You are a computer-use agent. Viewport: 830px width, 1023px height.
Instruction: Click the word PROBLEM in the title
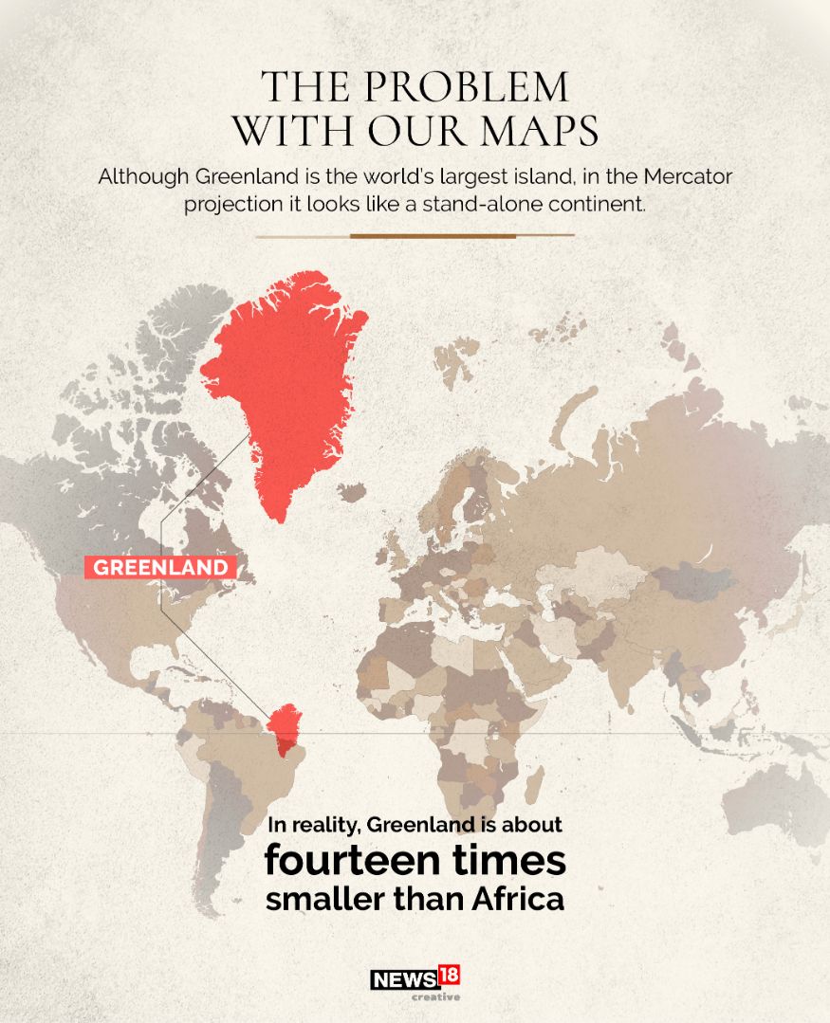pos(465,88)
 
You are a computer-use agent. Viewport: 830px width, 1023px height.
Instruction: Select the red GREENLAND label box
pos(160,567)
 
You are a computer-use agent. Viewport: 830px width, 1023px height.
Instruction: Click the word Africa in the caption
pos(521,899)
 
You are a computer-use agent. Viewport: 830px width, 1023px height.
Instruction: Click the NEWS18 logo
pos(415,977)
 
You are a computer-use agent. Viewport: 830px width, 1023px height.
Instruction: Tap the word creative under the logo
pos(435,996)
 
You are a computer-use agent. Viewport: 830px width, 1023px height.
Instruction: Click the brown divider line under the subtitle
pos(415,235)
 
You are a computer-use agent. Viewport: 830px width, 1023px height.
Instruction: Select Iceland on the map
pos(353,493)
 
